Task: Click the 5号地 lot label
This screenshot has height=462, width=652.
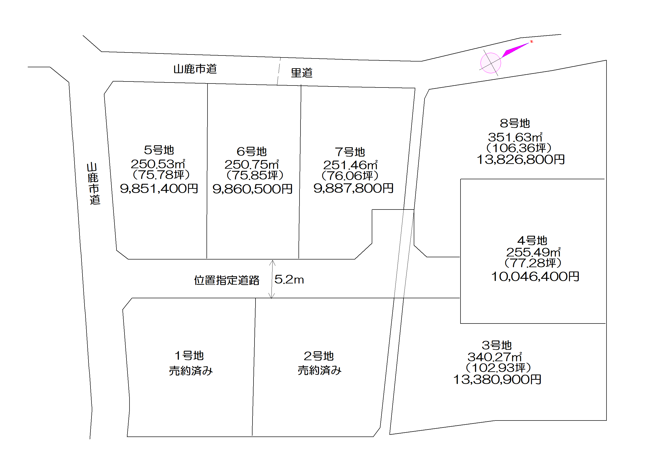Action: tap(159, 150)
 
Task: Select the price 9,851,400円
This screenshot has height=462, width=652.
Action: tap(159, 188)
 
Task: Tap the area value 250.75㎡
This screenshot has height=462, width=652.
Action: tap(252, 164)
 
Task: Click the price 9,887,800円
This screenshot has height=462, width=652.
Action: tap(353, 188)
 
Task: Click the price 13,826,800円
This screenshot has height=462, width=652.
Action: tap(520, 159)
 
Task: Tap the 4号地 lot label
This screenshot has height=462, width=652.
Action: tap(532, 241)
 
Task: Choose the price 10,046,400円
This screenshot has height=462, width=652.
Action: tap(535, 276)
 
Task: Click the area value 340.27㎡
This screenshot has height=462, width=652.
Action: tap(495, 357)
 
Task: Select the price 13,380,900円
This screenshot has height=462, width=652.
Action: tap(497, 379)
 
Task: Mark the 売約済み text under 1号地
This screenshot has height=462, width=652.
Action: tap(190, 371)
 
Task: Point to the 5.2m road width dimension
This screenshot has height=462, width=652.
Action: tap(289, 280)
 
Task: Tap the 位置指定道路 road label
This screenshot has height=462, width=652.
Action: tap(226, 280)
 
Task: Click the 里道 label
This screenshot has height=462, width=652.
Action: tap(301, 73)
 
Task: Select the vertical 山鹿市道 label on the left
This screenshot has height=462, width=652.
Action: tap(93, 183)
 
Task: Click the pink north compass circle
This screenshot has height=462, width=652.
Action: tap(490, 63)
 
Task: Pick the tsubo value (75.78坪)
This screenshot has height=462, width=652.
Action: tap(161, 175)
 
